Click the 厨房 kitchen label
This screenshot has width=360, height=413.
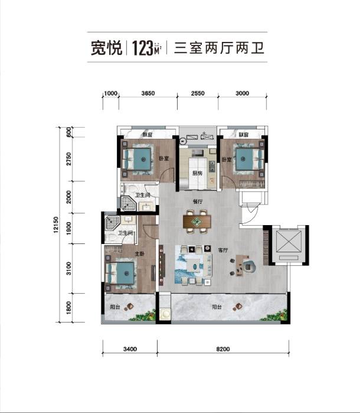pyautogui.click(x=198, y=173)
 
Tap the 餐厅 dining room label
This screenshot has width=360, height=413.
pyautogui.click(x=198, y=201)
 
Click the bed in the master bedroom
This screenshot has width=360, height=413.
pyautogui.click(x=123, y=274)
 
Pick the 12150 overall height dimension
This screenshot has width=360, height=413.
pyautogui.click(x=55, y=226)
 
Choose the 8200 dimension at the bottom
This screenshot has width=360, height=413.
pyautogui.click(x=222, y=349)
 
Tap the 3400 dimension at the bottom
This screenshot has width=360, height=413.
pyautogui.click(x=130, y=349)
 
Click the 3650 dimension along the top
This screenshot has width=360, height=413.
pyautogui.click(x=148, y=93)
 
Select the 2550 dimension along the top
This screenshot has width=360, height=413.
pyautogui.click(x=197, y=93)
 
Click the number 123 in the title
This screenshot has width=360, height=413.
pyautogui.click(x=142, y=48)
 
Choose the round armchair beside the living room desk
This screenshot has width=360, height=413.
pyautogui.click(x=250, y=266)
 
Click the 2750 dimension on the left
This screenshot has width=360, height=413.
pyautogui.click(x=69, y=160)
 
